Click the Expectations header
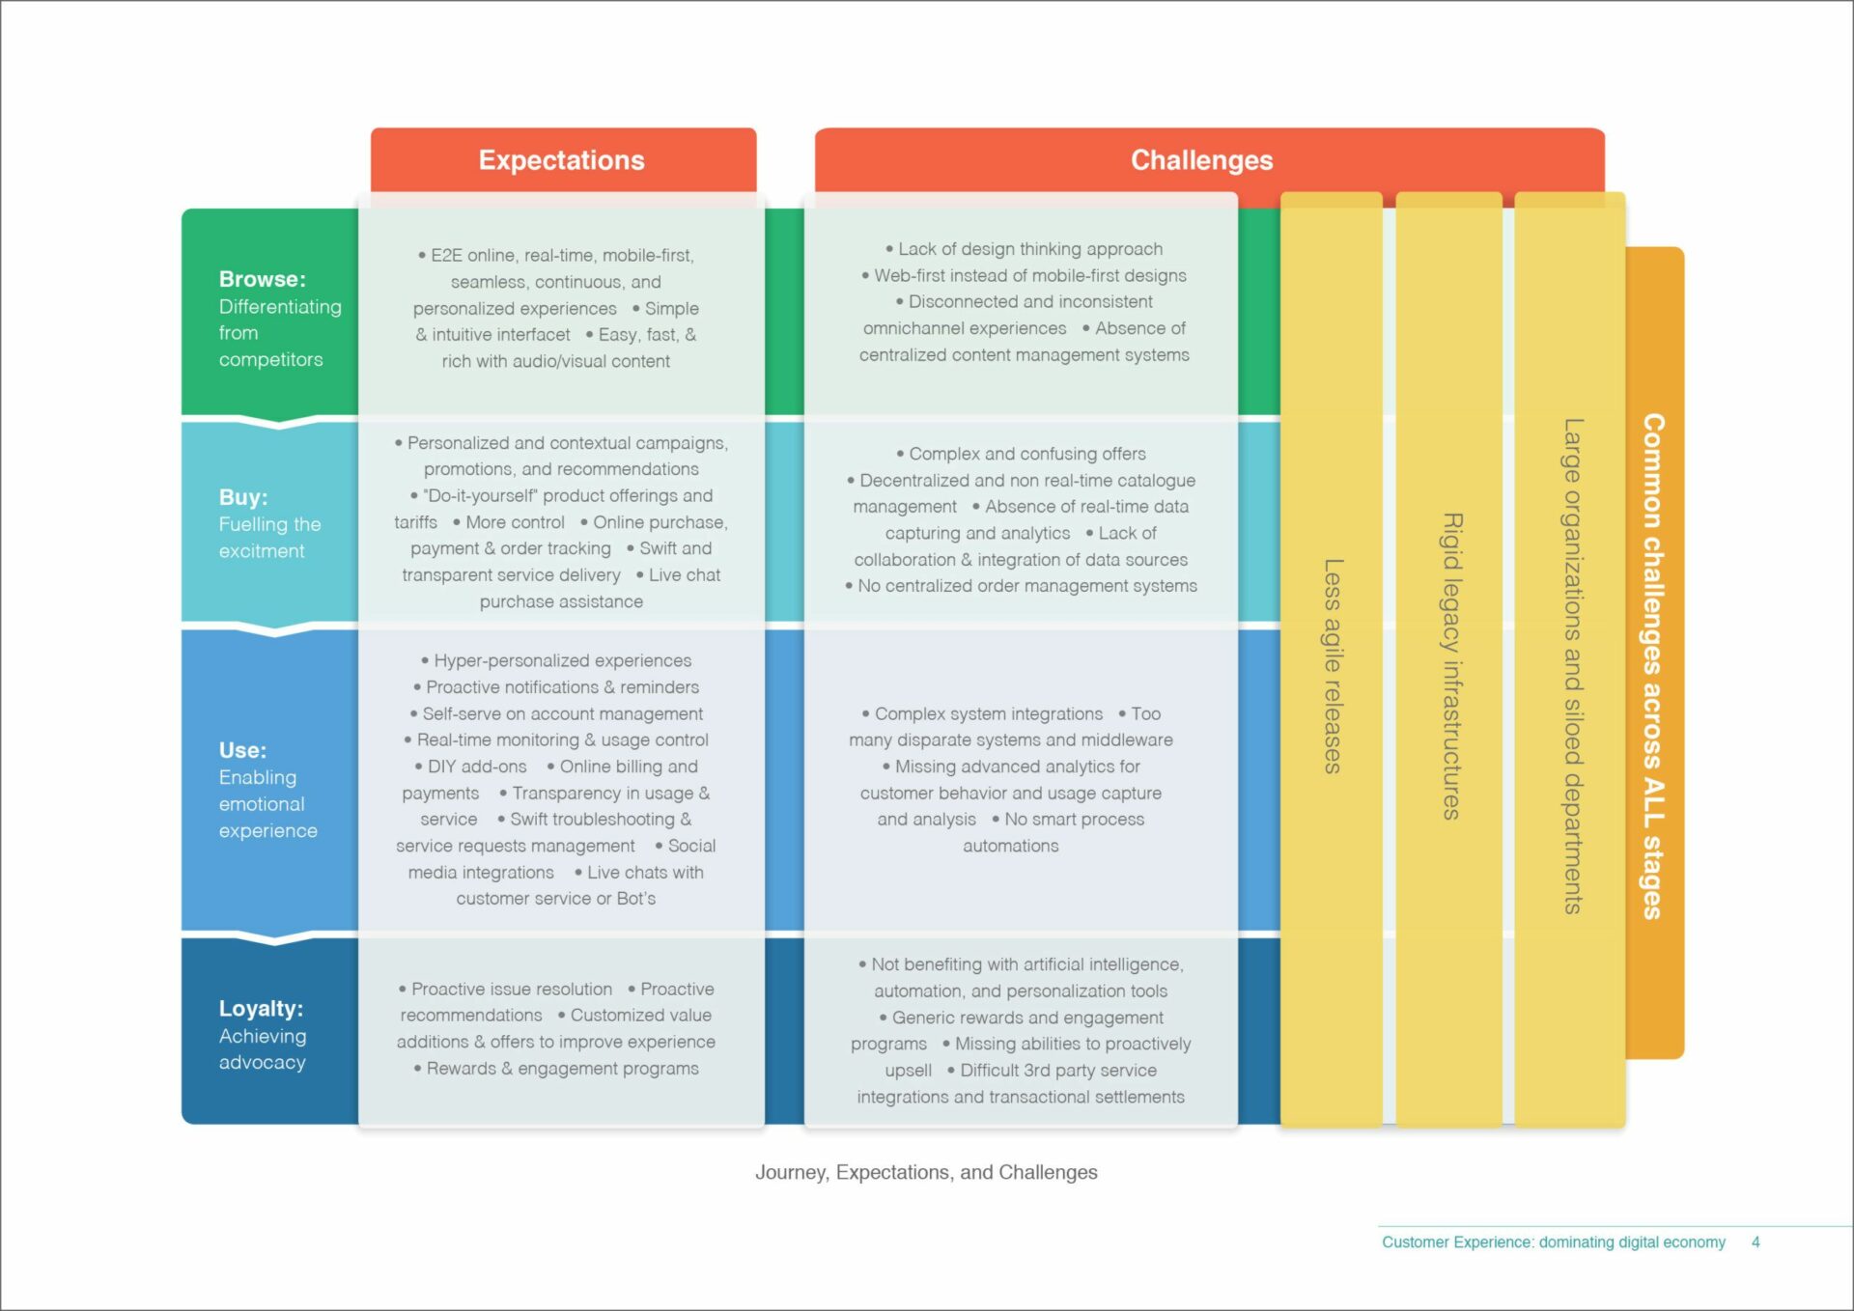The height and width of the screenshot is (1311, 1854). [x=562, y=160]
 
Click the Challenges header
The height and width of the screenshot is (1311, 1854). [x=1202, y=160]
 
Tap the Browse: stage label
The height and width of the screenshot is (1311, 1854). [x=262, y=279]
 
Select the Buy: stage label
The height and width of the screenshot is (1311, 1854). [x=243, y=497]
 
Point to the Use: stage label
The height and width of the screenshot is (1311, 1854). [x=242, y=750]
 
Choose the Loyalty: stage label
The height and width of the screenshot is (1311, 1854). [x=261, y=1009]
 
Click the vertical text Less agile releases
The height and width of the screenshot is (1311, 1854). [x=1333, y=666]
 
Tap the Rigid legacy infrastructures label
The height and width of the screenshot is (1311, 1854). [x=1451, y=666]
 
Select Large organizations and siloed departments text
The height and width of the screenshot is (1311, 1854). [x=1573, y=666]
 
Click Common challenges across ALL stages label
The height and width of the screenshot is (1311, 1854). [x=1654, y=666]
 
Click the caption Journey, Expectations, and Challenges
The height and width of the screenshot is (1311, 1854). [x=926, y=1172]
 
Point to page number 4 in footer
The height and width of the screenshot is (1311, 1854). [x=1756, y=1242]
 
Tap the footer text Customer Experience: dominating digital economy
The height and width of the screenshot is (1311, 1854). [x=1553, y=1242]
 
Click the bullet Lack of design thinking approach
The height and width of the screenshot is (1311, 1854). [x=1025, y=249]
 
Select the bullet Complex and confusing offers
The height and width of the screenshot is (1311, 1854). [x=1022, y=454]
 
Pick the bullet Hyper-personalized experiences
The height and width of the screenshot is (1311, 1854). [x=556, y=660]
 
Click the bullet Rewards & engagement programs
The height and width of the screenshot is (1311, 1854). [x=556, y=1069]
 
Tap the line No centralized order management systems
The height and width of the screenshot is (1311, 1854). [x=1022, y=586]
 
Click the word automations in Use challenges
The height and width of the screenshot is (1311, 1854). [x=1011, y=846]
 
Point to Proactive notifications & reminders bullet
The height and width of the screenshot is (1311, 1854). [x=556, y=687]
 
